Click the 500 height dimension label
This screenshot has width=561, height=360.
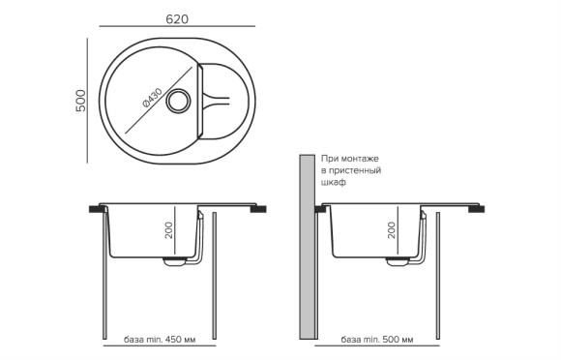tap(81, 100)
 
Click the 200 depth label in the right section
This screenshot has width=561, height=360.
tap(391, 230)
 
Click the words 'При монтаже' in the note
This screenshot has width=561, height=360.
tap(350, 158)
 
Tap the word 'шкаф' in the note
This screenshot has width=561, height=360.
tap(334, 183)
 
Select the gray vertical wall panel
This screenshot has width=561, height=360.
tap(307, 247)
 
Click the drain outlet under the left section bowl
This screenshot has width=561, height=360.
tap(175, 260)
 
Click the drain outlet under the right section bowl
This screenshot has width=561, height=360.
tap(399, 260)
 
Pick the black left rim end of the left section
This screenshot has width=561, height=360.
tap(96, 207)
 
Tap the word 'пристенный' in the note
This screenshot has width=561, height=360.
tap(356, 170)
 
